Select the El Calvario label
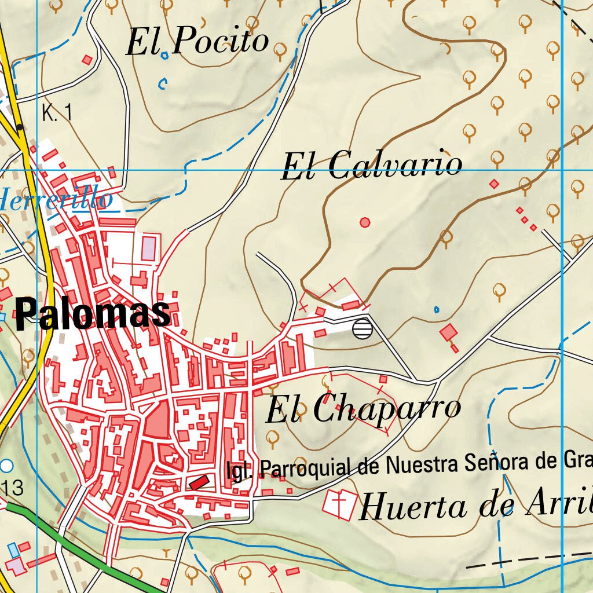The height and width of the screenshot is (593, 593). tap(371, 166)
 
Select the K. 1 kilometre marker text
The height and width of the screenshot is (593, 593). tap(57, 113)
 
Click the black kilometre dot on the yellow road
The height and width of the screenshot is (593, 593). tap(20, 127)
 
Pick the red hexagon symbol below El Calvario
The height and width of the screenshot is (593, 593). tap(365, 222)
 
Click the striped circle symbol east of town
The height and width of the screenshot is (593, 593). tap(361, 328)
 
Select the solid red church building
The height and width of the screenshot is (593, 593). tap(199, 481)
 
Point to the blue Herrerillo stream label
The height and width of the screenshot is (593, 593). tap(55, 200)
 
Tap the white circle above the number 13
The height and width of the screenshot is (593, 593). tap(6, 466)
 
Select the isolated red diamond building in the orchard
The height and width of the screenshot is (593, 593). tap(494, 184)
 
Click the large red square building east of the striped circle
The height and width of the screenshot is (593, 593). tap(448, 332)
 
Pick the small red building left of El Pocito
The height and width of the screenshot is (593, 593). tap(87, 60)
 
